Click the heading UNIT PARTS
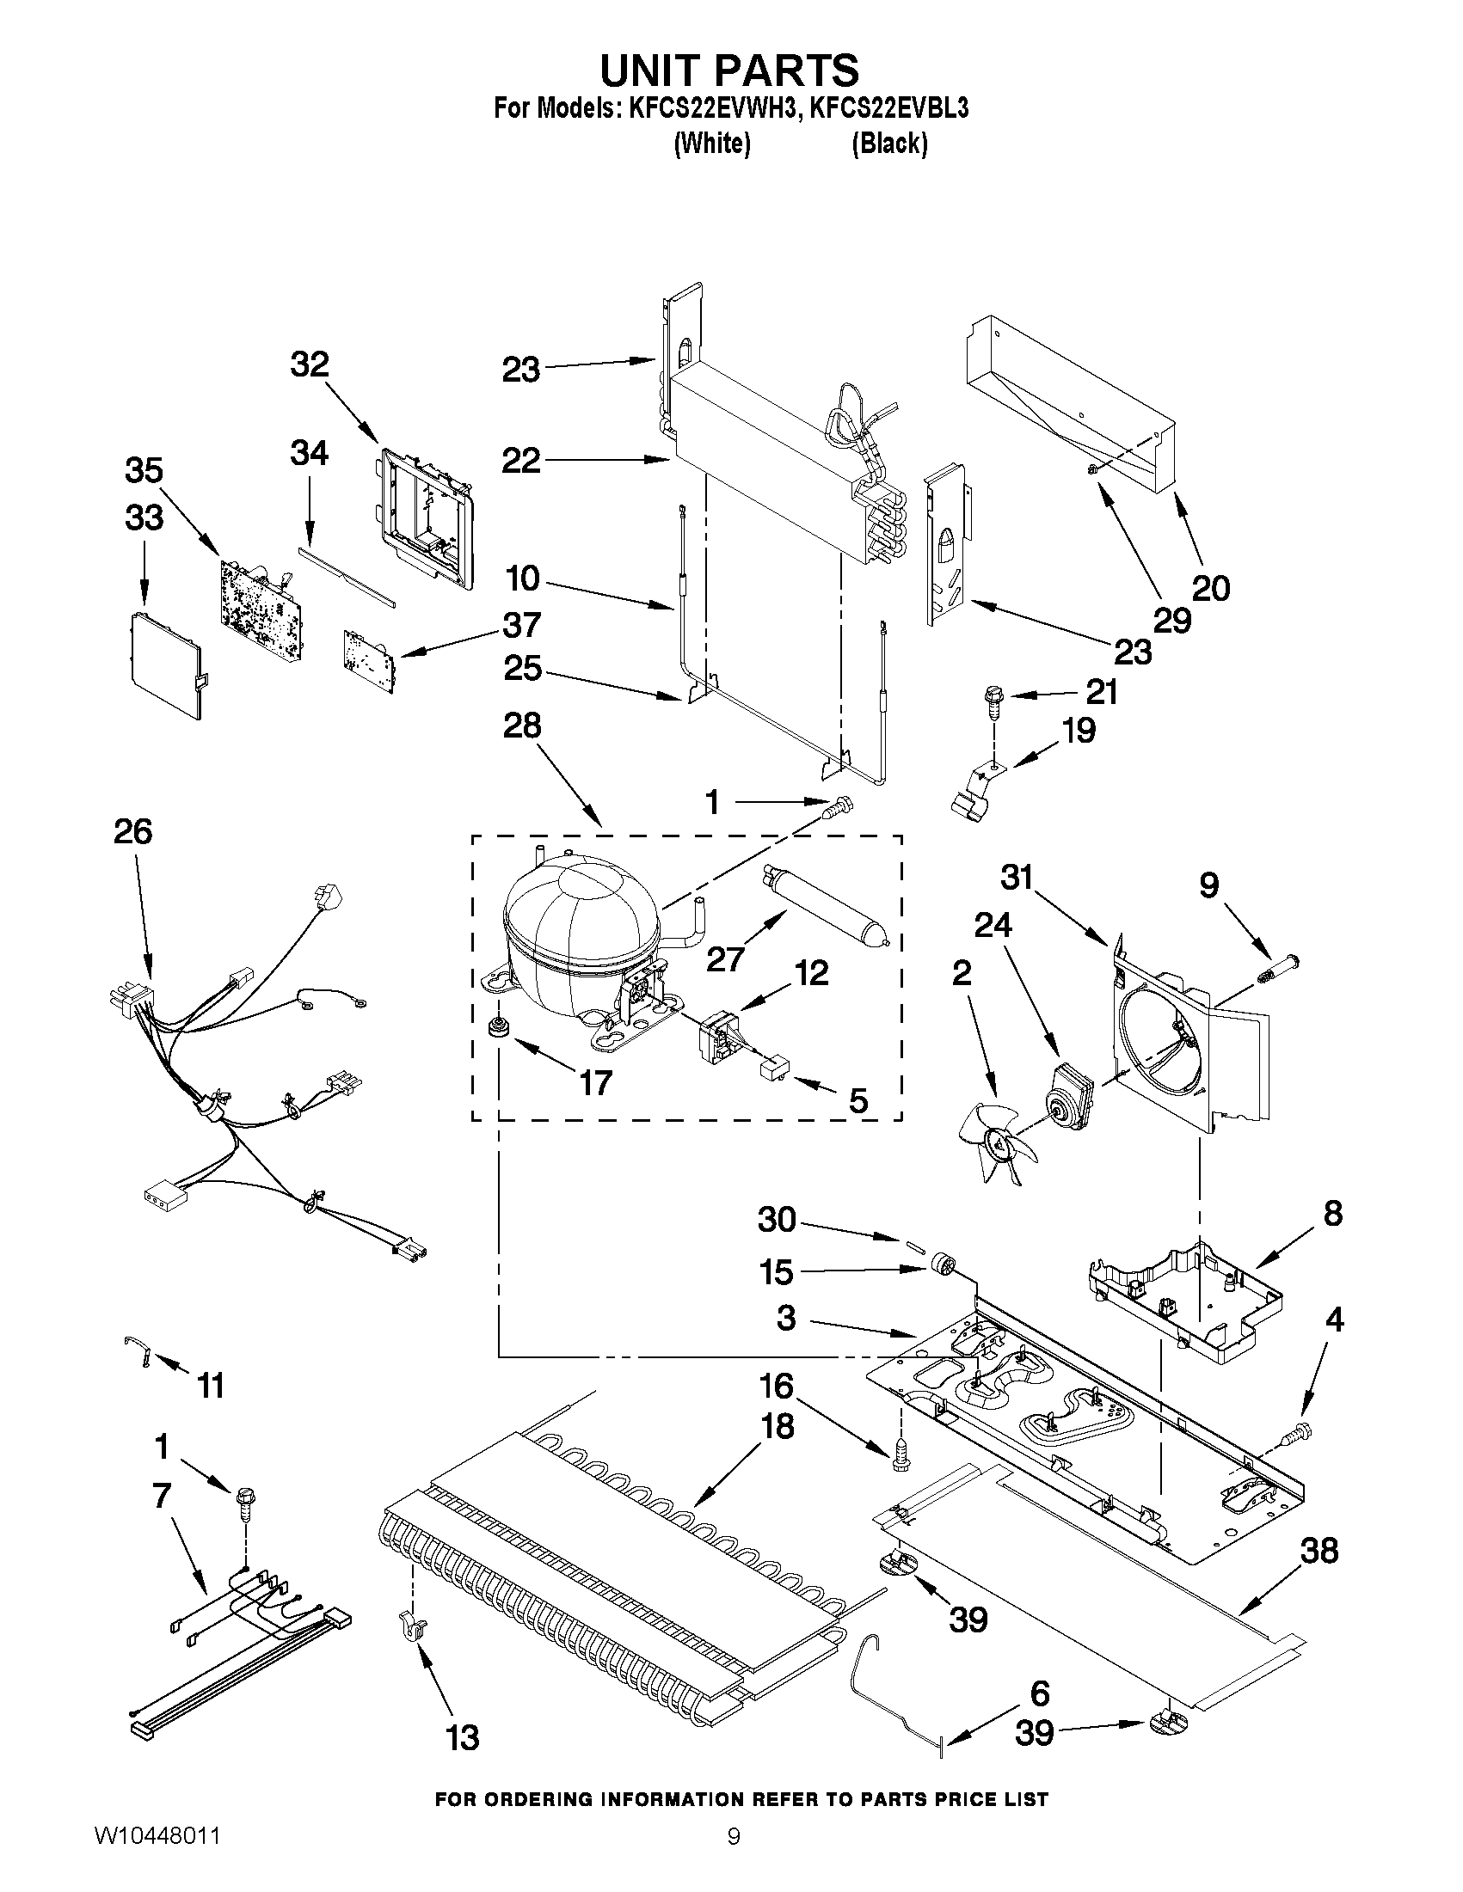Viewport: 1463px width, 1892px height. point(729,70)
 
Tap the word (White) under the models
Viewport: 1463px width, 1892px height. point(711,143)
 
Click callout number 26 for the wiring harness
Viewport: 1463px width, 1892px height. point(132,831)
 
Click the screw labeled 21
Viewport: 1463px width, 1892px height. point(991,697)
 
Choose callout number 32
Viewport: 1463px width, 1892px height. point(310,364)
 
